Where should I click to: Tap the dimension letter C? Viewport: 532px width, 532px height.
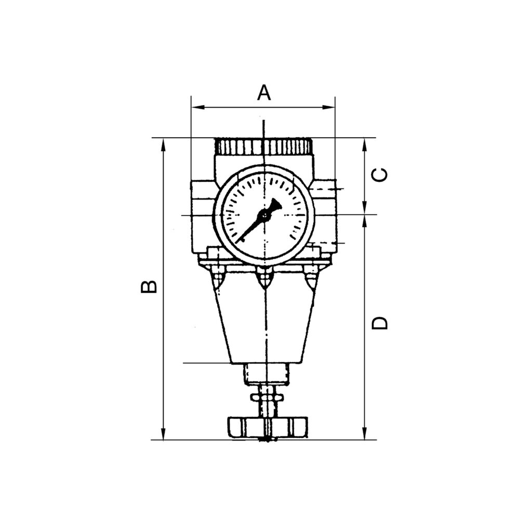click(x=381, y=175)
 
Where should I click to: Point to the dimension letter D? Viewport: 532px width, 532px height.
click(x=380, y=323)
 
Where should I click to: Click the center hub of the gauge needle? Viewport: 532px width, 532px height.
click(x=265, y=214)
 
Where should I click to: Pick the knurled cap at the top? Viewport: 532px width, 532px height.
click(x=264, y=147)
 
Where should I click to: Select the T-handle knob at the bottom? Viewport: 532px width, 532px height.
click(x=267, y=427)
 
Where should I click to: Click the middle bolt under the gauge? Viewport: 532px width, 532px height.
click(x=265, y=278)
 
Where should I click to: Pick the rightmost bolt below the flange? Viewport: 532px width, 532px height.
click(x=311, y=278)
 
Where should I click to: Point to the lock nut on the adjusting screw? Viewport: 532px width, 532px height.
click(x=267, y=397)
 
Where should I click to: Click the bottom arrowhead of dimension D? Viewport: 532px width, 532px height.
click(x=365, y=434)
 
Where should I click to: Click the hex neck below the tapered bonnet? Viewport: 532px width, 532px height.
click(x=266, y=374)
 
